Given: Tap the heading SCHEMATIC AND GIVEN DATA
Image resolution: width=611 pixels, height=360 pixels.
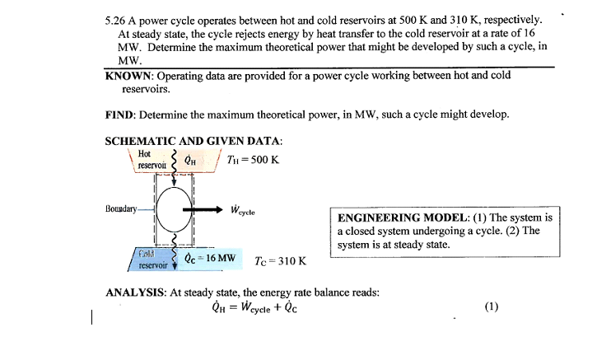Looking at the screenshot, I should pyautogui.click(x=194, y=141).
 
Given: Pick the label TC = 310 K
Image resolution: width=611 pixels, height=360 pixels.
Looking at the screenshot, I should pyautogui.click(x=281, y=261).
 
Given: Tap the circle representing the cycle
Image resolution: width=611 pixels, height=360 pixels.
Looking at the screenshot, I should pyautogui.click(x=173, y=210).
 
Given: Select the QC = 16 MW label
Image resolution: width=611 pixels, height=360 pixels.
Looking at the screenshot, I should pyautogui.click(x=211, y=258).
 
